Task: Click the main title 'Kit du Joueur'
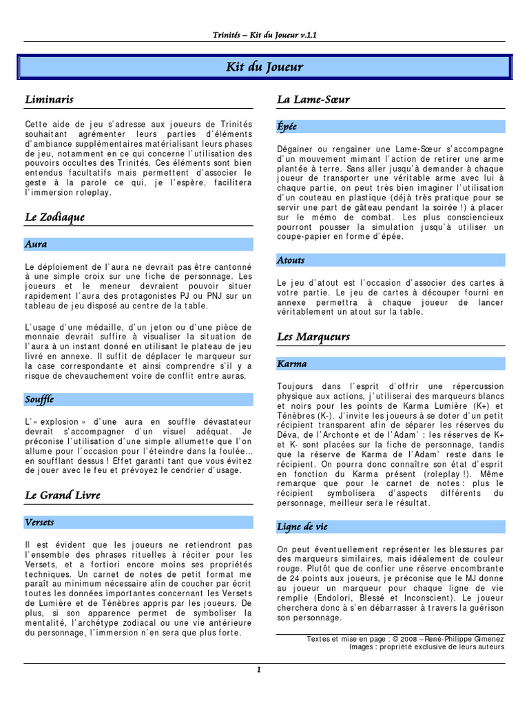pos(264,67)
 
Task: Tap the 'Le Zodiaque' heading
pos(54,218)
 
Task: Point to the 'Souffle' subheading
pos(39,399)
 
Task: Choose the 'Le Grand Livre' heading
pos(63,495)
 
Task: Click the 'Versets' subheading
pos(39,523)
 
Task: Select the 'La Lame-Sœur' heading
pos(313,100)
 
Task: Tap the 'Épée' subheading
pos(287,127)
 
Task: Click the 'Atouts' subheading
pos(291,260)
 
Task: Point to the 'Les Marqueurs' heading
pos(313,337)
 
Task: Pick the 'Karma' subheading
pos(292,364)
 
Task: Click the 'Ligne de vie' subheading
pos(302,527)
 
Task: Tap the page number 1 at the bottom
pos(258,670)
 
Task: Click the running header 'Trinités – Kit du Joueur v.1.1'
pos(264,34)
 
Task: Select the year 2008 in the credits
pos(406,639)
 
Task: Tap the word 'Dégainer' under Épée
pos(297,149)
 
